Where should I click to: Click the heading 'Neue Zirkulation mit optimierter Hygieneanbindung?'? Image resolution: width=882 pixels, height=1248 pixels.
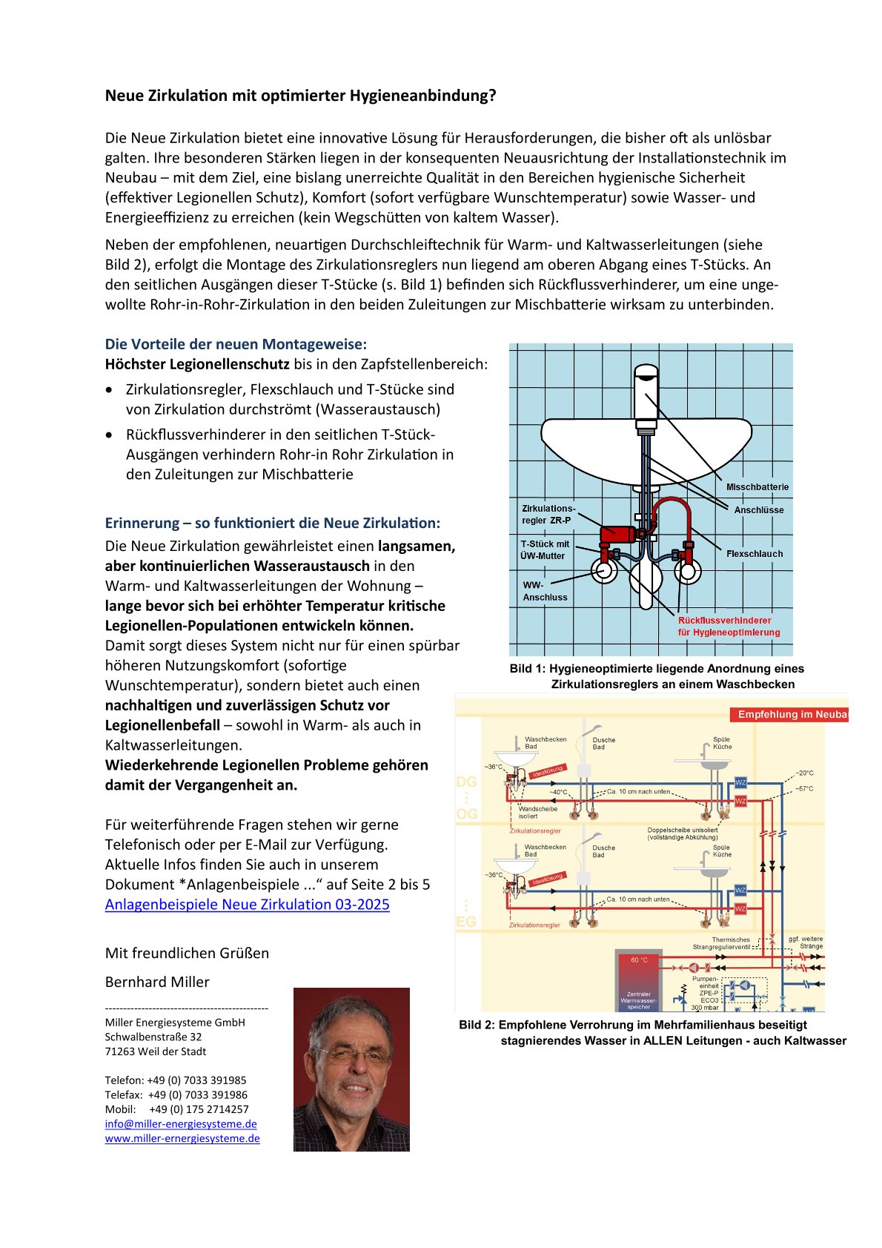pos(300,96)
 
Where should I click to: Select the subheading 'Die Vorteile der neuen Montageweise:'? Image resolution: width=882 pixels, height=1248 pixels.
pos(236,344)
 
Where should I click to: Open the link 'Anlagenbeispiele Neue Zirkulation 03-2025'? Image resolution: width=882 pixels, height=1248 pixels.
pos(247,905)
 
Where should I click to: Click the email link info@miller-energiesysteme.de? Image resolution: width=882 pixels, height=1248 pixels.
pos(181,1124)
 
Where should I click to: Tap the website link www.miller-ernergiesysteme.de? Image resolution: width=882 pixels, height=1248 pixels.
pos(182,1138)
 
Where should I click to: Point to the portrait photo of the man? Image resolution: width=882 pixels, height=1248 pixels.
pos(351,1069)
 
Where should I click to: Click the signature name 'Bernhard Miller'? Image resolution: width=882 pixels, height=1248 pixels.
pos(157,982)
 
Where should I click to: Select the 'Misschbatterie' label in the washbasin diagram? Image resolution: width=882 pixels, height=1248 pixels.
pos(757,487)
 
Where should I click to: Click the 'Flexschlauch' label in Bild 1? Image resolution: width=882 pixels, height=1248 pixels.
pos(754,554)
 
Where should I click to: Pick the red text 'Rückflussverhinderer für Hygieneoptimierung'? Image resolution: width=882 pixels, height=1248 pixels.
pos(729,627)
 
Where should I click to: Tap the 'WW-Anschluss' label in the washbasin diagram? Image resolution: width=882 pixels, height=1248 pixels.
pos(545,591)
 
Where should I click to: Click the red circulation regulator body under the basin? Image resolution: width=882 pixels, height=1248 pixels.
pos(618,533)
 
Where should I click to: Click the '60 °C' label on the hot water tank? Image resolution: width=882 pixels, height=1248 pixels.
pos(639,960)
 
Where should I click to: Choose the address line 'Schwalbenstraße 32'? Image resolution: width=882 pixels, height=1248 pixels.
pos(153,1037)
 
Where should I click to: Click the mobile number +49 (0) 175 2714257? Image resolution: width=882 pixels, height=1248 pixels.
pos(199,1109)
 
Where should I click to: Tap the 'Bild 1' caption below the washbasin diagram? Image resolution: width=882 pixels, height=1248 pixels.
pos(657,676)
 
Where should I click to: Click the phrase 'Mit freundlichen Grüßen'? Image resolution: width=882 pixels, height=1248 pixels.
pos(187,954)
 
